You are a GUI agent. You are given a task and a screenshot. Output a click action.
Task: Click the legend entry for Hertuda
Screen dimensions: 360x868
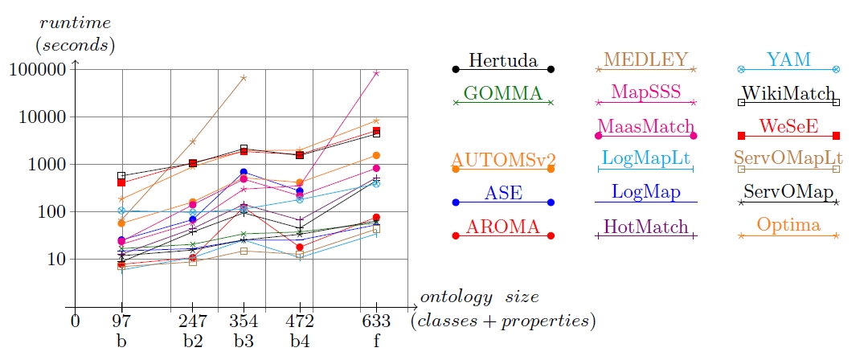click(x=503, y=61)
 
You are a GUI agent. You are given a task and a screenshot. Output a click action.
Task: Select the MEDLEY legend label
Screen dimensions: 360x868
click(x=645, y=60)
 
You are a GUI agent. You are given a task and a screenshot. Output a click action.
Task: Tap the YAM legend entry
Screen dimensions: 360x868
click(x=788, y=60)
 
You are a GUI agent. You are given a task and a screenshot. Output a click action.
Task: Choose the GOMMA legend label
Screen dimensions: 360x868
click(x=503, y=93)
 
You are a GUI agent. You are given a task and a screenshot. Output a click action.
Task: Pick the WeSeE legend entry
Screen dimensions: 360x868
click(x=788, y=126)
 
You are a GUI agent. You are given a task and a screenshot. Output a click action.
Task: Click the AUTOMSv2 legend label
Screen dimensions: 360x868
click(x=503, y=159)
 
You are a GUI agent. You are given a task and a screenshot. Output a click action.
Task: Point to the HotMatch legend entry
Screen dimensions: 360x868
click(x=645, y=227)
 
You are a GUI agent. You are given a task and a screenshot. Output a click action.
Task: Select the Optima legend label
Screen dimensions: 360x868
click(x=788, y=226)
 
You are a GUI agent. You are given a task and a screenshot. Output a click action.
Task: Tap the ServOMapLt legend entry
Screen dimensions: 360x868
click(x=788, y=159)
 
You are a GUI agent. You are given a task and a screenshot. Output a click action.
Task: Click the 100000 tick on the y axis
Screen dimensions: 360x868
click(x=38, y=70)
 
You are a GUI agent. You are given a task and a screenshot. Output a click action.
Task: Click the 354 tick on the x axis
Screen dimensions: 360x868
click(x=244, y=321)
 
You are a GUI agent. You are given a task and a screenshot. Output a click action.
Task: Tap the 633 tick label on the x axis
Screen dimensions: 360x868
click(x=377, y=321)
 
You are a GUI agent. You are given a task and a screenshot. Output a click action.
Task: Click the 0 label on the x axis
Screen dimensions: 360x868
click(x=75, y=321)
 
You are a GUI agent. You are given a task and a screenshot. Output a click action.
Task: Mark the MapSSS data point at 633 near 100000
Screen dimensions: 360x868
click(x=376, y=73)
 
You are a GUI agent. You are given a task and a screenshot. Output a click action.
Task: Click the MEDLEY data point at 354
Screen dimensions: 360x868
click(x=244, y=78)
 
